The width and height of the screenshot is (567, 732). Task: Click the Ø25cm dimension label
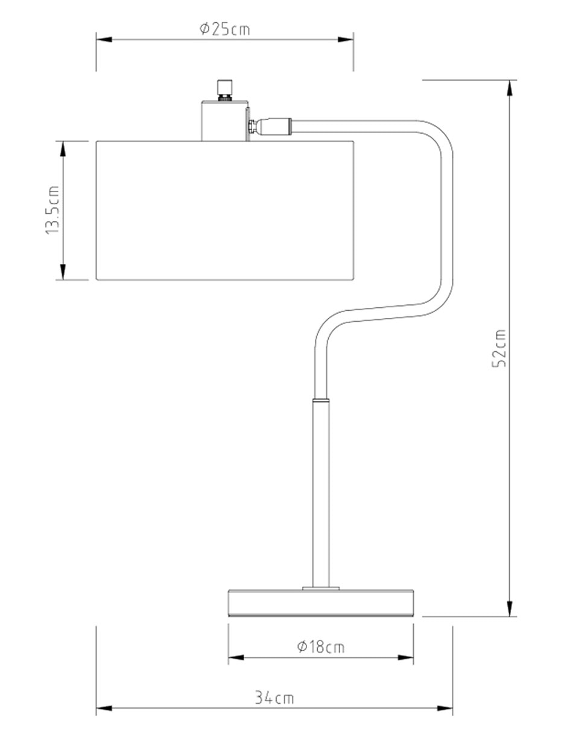coord(224,30)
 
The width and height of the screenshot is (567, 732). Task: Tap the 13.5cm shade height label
coord(53,210)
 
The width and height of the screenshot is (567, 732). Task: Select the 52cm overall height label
coord(499,348)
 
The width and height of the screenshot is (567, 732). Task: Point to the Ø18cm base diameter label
coord(320,647)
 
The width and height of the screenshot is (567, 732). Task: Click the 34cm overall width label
coord(274,697)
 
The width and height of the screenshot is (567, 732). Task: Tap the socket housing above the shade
coord(224,121)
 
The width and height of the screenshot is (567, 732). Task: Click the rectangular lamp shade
coord(225,210)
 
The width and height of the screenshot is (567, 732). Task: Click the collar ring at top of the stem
coord(320,401)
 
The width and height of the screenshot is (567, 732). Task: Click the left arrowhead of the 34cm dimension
coord(104,710)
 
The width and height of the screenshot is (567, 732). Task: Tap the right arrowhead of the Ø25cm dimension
coord(346,39)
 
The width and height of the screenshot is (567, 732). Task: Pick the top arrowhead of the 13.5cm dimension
coord(63,149)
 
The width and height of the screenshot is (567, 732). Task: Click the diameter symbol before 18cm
coord(302,647)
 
